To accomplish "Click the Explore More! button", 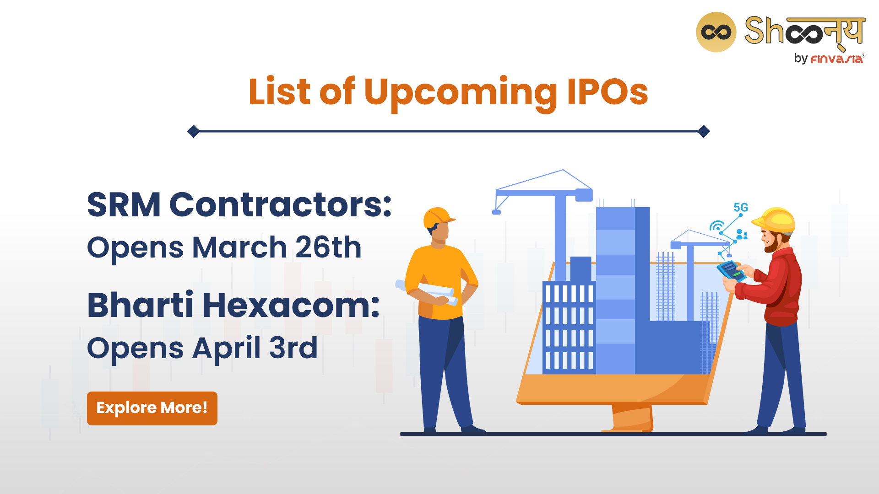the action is pos(152,408).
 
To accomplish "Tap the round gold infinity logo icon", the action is pos(716,32).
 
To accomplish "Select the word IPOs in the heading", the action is pos(608,91).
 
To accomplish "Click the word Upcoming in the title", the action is pos(461,94).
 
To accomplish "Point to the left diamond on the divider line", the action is pos(194,131).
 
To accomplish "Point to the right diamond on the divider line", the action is pos(704,131).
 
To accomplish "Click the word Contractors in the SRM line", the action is pos(280,204).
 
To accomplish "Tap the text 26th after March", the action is pos(328,247).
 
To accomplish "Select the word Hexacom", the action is pos(291,305).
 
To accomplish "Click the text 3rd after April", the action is pos(293,348).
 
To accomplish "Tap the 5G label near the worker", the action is pos(741,207).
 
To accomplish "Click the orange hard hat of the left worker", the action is pos(439,217).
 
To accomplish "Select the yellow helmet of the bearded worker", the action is pos(774,220).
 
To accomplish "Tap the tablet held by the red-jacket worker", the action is pos(731,271).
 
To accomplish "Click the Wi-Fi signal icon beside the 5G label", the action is pos(716,226).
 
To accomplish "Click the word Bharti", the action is pos(140,305).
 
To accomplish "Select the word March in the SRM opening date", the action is pos(239,247).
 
